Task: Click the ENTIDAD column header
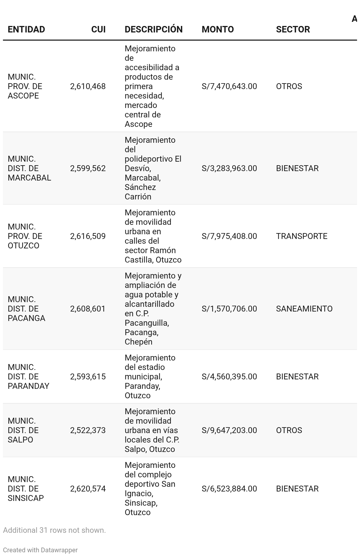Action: pos(26,30)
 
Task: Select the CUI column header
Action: pos(98,30)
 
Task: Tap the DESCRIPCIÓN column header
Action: pos(153,30)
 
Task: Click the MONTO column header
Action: pos(217,30)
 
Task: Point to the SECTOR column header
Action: pos(293,30)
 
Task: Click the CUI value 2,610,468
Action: pos(88,86)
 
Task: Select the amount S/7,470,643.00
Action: pos(229,86)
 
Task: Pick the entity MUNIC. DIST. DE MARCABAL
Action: pos(29,168)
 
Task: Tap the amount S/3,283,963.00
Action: pos(229,168)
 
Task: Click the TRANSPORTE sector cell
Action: pos(302,236)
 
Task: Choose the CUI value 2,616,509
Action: pos(88,236)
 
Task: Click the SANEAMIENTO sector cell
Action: pos(304,309)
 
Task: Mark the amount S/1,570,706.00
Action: pos(229,309)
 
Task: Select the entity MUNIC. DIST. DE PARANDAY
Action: pos(28,377)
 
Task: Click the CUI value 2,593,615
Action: pos(88,377)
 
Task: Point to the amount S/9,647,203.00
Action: pos(229,430)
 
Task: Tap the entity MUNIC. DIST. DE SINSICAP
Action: pos(26,489)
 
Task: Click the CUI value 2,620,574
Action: pos(88,489)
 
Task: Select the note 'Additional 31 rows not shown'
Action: pos(54,530)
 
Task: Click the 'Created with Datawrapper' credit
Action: pos(40,550)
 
